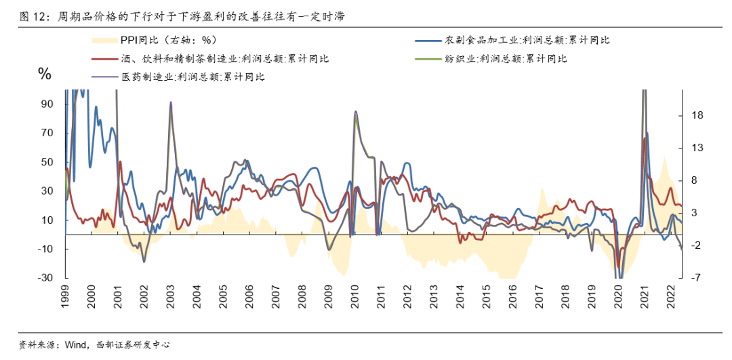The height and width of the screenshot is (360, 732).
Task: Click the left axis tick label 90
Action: (47, 104)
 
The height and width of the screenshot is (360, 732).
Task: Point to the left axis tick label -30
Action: (44, 279)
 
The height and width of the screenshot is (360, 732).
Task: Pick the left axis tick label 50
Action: (47, 162)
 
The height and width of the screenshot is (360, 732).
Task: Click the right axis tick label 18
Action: (696, 116)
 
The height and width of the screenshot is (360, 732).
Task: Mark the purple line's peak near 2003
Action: (170, 102)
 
